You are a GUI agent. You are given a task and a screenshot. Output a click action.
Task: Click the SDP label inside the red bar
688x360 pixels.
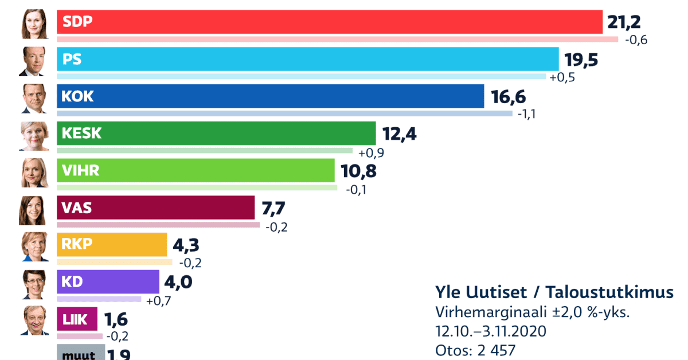[77, 22]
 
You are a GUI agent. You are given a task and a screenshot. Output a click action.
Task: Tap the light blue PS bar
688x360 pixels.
[307, 59]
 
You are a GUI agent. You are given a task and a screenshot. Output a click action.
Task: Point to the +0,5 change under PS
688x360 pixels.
[561, 77]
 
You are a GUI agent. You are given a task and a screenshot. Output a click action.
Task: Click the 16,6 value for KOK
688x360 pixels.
[509, 96]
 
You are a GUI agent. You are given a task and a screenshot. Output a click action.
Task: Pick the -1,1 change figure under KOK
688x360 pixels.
[527, 114]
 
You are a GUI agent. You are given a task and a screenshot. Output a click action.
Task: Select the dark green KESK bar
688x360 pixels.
[216, 133]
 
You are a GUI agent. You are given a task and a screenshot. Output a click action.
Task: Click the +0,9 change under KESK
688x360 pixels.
[371, 153]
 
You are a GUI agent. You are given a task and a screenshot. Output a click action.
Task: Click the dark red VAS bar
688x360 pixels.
[155, 208]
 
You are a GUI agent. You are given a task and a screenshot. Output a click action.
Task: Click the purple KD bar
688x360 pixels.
[108, 281]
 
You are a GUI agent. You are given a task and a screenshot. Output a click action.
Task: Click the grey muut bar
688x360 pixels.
[80, 353]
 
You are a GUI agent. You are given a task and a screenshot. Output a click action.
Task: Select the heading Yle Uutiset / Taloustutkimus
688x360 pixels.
[554, 292]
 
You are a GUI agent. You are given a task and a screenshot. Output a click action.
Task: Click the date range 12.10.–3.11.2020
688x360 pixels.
[491, 331]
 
